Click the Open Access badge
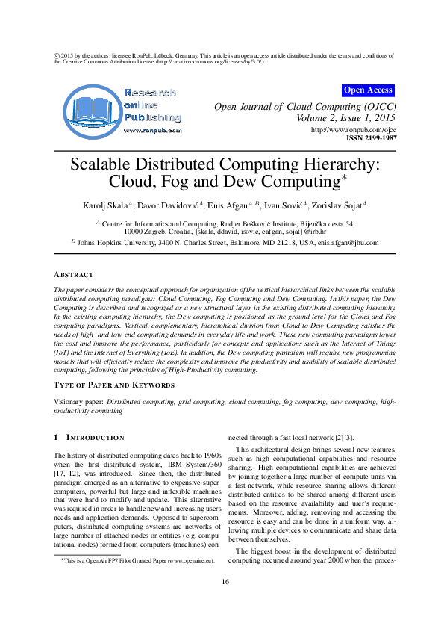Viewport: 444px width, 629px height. pos(368,90)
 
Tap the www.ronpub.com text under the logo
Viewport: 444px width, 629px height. pos(152,130)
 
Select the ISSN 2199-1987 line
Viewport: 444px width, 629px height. pos(371,138)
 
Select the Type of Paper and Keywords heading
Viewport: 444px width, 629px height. pos(114,385)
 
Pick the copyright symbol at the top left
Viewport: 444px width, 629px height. pos(57,55)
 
